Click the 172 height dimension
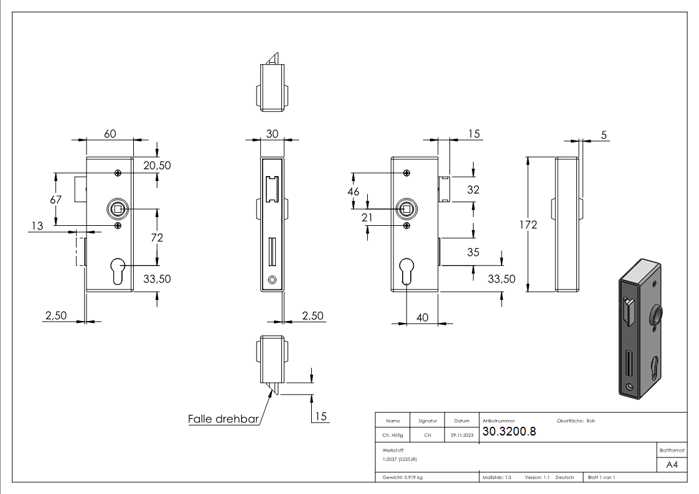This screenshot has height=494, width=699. pos(528,225)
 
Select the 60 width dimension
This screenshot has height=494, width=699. pos(110,134)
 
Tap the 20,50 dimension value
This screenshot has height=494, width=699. pos(156,165)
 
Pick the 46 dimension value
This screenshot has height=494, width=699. pos(353,192)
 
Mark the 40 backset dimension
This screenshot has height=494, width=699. pos(421,317)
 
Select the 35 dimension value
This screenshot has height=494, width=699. pos(473,252)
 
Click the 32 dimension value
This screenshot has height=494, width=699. pos(473,190)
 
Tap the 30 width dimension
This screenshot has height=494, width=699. pos(272,134)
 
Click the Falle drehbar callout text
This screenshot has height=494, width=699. pos(223,419)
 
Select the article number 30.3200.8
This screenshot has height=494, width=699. pos(509,432)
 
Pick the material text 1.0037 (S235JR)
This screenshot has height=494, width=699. pos(397,459)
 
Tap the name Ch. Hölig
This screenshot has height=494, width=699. pos(393,436)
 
